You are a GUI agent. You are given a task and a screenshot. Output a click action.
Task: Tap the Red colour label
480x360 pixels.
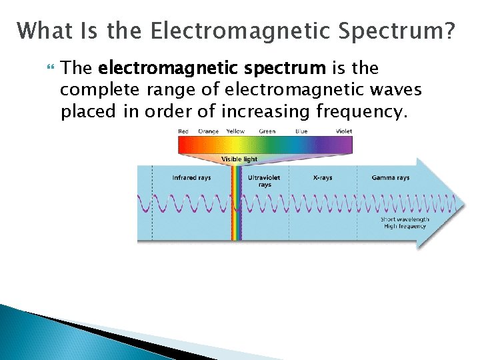point(183,131)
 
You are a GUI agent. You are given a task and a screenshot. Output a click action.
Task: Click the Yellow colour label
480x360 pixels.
point(235,131)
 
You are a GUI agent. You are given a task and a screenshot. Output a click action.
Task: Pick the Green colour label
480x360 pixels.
point(267,131)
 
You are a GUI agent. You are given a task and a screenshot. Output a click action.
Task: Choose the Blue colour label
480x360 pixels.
point(301,131)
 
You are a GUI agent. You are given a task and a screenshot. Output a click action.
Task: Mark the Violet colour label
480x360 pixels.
point(344,131)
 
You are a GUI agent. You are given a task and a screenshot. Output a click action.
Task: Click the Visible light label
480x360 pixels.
point(239,159)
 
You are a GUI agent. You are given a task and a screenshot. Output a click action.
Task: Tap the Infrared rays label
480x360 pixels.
point(191,178)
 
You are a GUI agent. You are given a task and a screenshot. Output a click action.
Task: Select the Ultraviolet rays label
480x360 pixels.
point(265,181)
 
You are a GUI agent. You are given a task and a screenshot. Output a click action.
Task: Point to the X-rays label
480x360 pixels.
point(323,178)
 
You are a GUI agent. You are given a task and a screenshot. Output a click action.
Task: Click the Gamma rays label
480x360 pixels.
point(391,178)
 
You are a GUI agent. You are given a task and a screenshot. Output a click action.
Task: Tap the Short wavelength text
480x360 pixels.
point(405,219)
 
